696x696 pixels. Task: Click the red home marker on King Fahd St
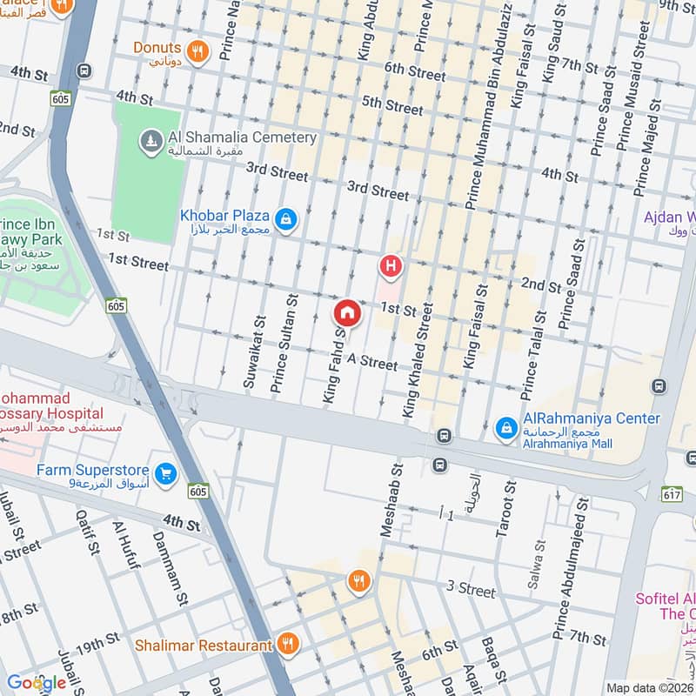346,311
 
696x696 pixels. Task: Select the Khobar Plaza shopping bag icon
286,220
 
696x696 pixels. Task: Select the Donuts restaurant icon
198,51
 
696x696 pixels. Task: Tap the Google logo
36,683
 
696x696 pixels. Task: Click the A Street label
373,359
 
